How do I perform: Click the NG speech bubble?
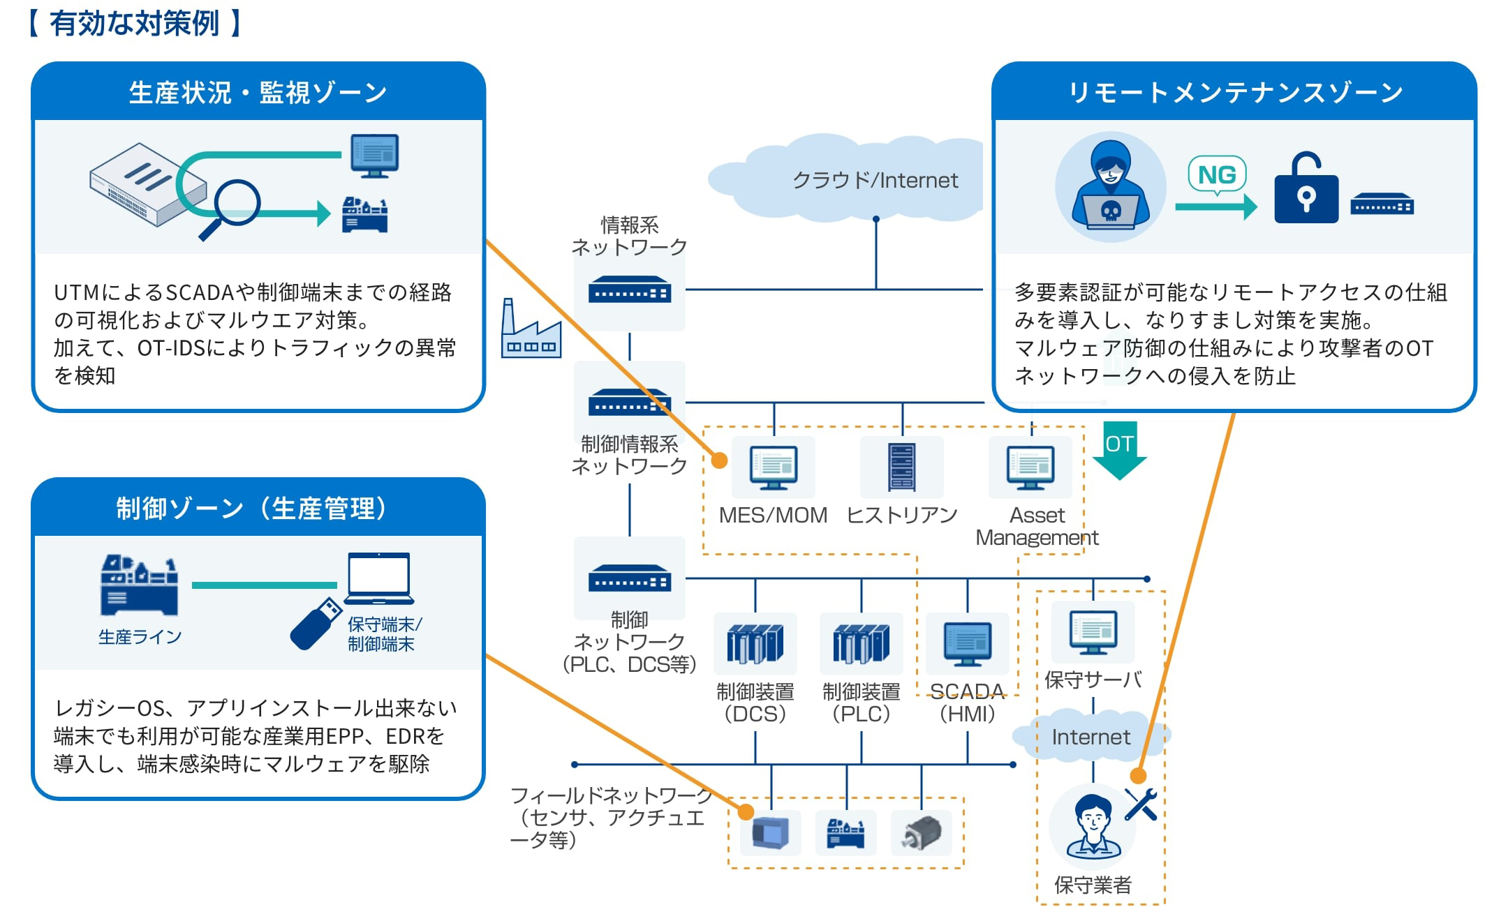coord(1217,174)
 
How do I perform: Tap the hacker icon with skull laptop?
coord(1110,187)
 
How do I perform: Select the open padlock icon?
coord(1306,188)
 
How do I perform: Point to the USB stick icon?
coord(315,624)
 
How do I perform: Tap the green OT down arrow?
coord(1119,450)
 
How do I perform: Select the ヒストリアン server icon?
coord(901,467)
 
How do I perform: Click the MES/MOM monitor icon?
coord(773,467)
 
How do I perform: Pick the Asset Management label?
coord(1037,526)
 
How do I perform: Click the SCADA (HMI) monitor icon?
coord(967,643)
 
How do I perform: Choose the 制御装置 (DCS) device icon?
coord(755,643)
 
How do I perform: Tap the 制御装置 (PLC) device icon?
coord(861,643)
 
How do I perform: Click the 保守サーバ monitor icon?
coord(1093,631)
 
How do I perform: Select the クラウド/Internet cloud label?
coord(875,181)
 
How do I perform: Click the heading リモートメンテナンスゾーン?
coord(1235,92)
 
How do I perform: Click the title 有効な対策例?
coord(134,24)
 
